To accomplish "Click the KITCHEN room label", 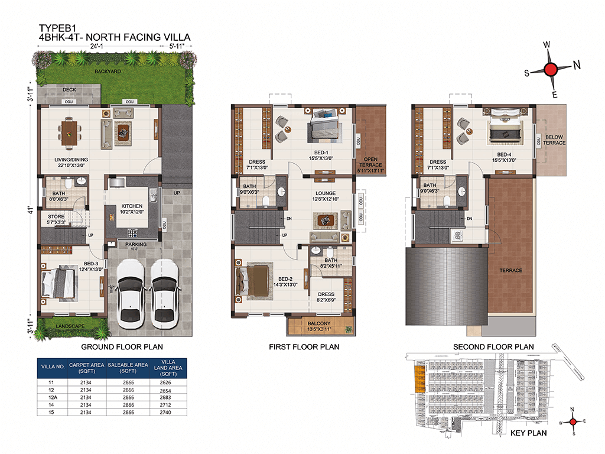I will pos(133,206).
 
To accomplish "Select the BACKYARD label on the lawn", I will pos(108,72).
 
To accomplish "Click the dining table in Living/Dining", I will pos(71,131).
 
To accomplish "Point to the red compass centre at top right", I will pos(551,70).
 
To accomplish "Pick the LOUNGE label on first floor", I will pos(325,193).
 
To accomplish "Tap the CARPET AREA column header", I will pos(86,368).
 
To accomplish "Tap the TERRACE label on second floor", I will pos(510,270).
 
